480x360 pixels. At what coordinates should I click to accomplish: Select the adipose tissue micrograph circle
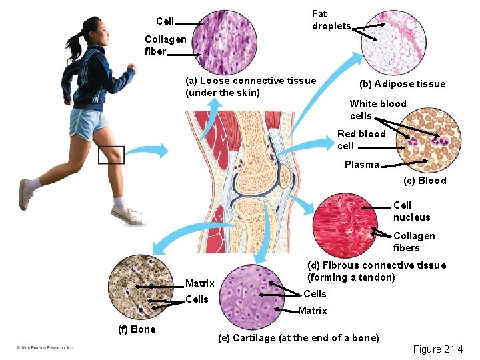coord(393,41)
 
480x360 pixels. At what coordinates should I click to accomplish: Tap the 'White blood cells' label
coord(377,110)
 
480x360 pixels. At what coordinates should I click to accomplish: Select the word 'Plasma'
coord(361,165)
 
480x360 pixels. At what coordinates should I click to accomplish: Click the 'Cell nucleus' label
coord(411,211)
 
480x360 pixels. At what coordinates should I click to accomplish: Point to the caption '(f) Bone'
coord(137,329)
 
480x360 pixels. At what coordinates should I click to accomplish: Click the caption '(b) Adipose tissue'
coord(402,84)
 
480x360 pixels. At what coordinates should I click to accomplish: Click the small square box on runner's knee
coord(111,155)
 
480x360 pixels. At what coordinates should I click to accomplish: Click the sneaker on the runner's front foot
coord(125,215)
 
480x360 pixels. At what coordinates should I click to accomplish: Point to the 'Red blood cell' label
coord(361,140)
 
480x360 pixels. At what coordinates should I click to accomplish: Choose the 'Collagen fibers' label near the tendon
coord(413,242)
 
